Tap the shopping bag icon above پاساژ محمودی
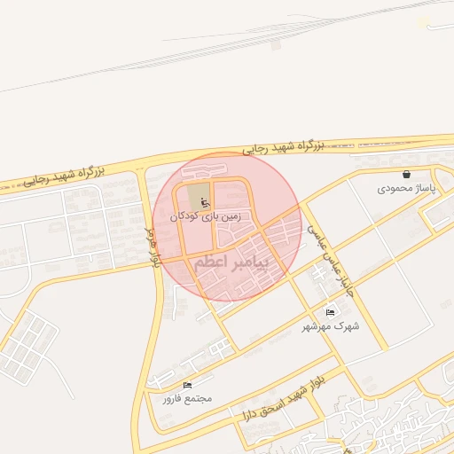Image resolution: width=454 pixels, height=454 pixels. pos(406,175)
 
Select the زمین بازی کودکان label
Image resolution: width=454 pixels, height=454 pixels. pos(210,215)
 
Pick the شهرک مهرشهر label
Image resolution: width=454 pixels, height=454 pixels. pos(330,325)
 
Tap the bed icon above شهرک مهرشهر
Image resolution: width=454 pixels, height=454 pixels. pos(331,312)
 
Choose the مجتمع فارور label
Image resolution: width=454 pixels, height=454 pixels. pos(186,399)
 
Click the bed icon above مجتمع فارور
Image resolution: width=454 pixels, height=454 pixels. pos(186,386)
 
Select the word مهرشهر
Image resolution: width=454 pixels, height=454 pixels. pos(320,325)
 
